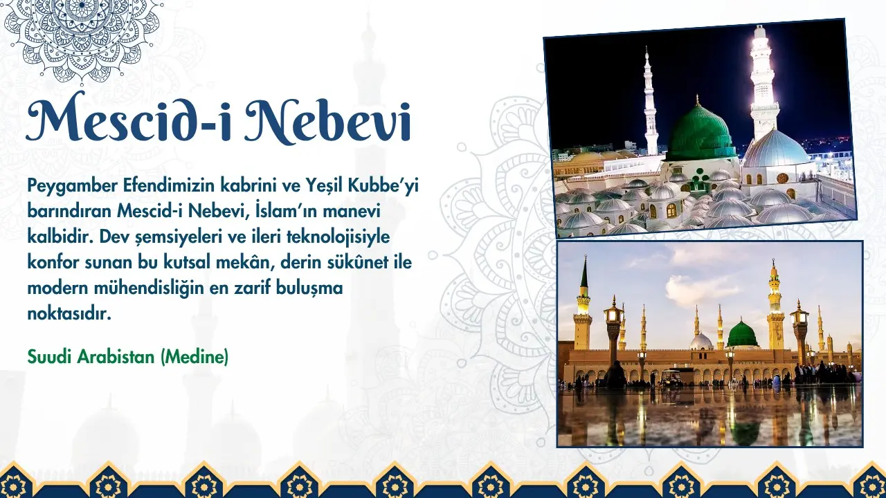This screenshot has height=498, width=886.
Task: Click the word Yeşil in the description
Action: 324,186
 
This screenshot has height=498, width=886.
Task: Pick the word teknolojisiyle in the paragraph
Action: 338,237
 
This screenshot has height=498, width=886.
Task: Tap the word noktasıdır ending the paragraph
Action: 69,314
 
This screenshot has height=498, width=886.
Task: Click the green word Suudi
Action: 50,357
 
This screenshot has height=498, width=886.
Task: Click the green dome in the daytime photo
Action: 743,334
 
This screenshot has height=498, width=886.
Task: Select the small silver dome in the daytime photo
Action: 701,342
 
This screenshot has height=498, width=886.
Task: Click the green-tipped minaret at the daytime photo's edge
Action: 583,304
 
